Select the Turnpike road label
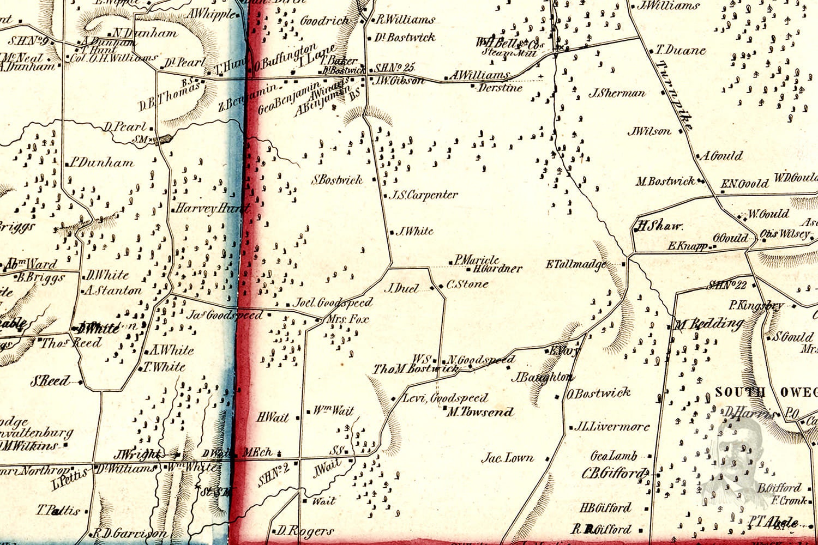(x=674, y=95)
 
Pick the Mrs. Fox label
(x=347, y=319)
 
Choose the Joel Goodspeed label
(x=333, y=302)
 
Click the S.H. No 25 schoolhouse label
(x=395, y=68)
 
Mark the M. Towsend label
(x=480, y=412)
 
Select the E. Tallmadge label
(x=576, y=264)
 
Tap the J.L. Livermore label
(x=612, y=427)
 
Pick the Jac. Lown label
(x=507, y=458)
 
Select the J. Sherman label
(x=617, y=93)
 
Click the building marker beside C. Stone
(x=441, y=286)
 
